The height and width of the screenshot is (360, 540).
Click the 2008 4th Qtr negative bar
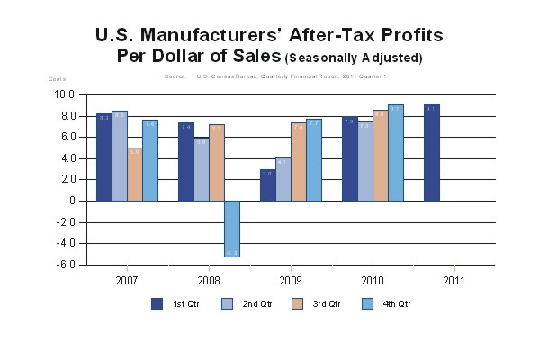(232, 229)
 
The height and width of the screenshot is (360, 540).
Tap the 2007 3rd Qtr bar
(134, 175)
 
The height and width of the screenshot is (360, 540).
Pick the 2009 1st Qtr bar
(267, 184)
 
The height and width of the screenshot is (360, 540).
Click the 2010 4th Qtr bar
(396, 152)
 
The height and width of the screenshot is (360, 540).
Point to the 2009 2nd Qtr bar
(283, 179)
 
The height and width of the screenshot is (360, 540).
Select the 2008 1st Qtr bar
(186, 161)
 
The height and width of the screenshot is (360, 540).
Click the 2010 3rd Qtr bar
(380, 155)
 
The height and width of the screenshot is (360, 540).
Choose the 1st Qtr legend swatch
(157, 303)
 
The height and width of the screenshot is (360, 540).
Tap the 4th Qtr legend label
(396, 304)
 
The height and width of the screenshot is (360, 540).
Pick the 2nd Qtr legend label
(256, 304)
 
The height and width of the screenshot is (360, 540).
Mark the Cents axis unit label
(57, 79)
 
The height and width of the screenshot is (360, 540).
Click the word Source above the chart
(175, 76)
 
